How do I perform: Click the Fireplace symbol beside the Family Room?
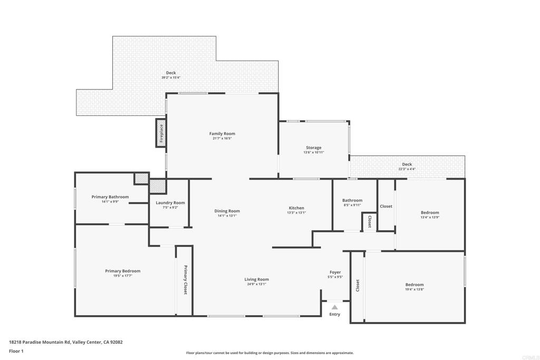161,132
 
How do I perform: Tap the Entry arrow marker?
334,307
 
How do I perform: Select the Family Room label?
222,134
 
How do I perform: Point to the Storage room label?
313,148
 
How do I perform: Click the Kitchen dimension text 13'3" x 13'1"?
296,212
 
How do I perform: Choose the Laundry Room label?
170,203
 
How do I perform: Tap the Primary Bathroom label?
110,197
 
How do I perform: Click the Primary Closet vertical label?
186,280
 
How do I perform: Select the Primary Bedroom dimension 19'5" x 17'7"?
122,276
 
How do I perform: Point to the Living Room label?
256,279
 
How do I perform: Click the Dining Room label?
227,211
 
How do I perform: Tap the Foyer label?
335,272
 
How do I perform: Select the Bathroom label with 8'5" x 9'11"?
352,200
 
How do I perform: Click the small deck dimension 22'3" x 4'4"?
407,169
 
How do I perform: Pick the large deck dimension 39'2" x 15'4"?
171,77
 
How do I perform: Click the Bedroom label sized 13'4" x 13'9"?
430,212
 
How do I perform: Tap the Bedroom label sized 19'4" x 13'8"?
414,285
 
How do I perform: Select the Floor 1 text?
17,351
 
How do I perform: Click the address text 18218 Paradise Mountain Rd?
40,342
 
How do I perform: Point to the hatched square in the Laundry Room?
157,186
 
